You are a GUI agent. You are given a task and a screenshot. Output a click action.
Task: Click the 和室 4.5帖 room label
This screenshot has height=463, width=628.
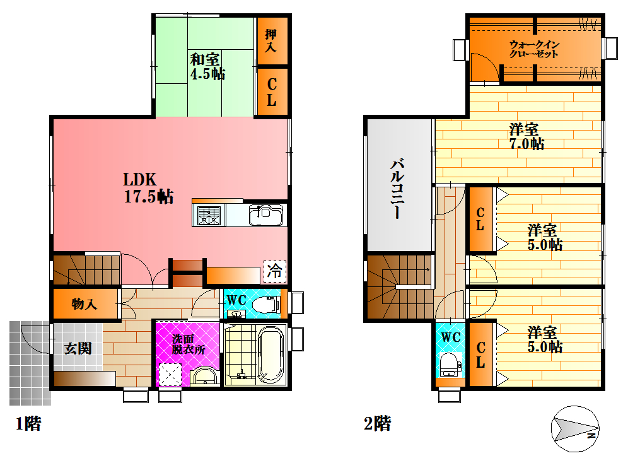(x=207, y=66)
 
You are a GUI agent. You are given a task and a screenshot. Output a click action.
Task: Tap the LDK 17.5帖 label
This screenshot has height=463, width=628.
(x=148, y=188)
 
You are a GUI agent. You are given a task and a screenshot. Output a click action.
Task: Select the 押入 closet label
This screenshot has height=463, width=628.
(x=271, y=41)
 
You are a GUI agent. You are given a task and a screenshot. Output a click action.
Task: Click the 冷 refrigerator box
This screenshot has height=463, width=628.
(x=275, y=271)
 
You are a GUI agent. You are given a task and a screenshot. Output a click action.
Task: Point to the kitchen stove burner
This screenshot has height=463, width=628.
(x=209, y=216)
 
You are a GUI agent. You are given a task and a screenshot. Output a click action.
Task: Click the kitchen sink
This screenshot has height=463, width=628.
(x=266, y=215)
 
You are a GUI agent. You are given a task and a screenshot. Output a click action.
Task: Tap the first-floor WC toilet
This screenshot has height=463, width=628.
(x=266, y=305)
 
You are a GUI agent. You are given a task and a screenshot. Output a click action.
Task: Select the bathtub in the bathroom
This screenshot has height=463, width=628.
(x=270, y=355)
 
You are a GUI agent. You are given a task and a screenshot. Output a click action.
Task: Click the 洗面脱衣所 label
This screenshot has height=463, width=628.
(x=189, y=344)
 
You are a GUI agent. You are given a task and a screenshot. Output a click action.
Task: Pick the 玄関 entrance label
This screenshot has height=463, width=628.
(x=78, y=348)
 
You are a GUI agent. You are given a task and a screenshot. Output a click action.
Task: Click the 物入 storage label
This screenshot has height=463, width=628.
(x=84, y=304)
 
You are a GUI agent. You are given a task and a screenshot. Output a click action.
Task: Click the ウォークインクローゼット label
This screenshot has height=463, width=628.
(x=534, y=49)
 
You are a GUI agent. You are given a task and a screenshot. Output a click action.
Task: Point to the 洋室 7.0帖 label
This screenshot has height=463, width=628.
(x=526, y=137)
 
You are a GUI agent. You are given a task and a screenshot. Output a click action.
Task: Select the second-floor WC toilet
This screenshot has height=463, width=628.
(x=451, y=365)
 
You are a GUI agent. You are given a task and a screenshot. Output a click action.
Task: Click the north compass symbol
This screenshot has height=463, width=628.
(x=575, y=429)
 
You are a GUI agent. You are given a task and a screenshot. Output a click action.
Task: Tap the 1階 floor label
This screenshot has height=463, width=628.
(x=28, y=423)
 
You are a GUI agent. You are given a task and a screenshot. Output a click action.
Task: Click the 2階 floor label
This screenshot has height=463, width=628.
(x=377, y=423)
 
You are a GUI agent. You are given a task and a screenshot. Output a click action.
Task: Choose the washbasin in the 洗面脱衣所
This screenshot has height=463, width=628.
(x=205, y=376)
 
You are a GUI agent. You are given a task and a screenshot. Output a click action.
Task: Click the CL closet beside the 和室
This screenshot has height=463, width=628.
(x=272, y=92)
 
